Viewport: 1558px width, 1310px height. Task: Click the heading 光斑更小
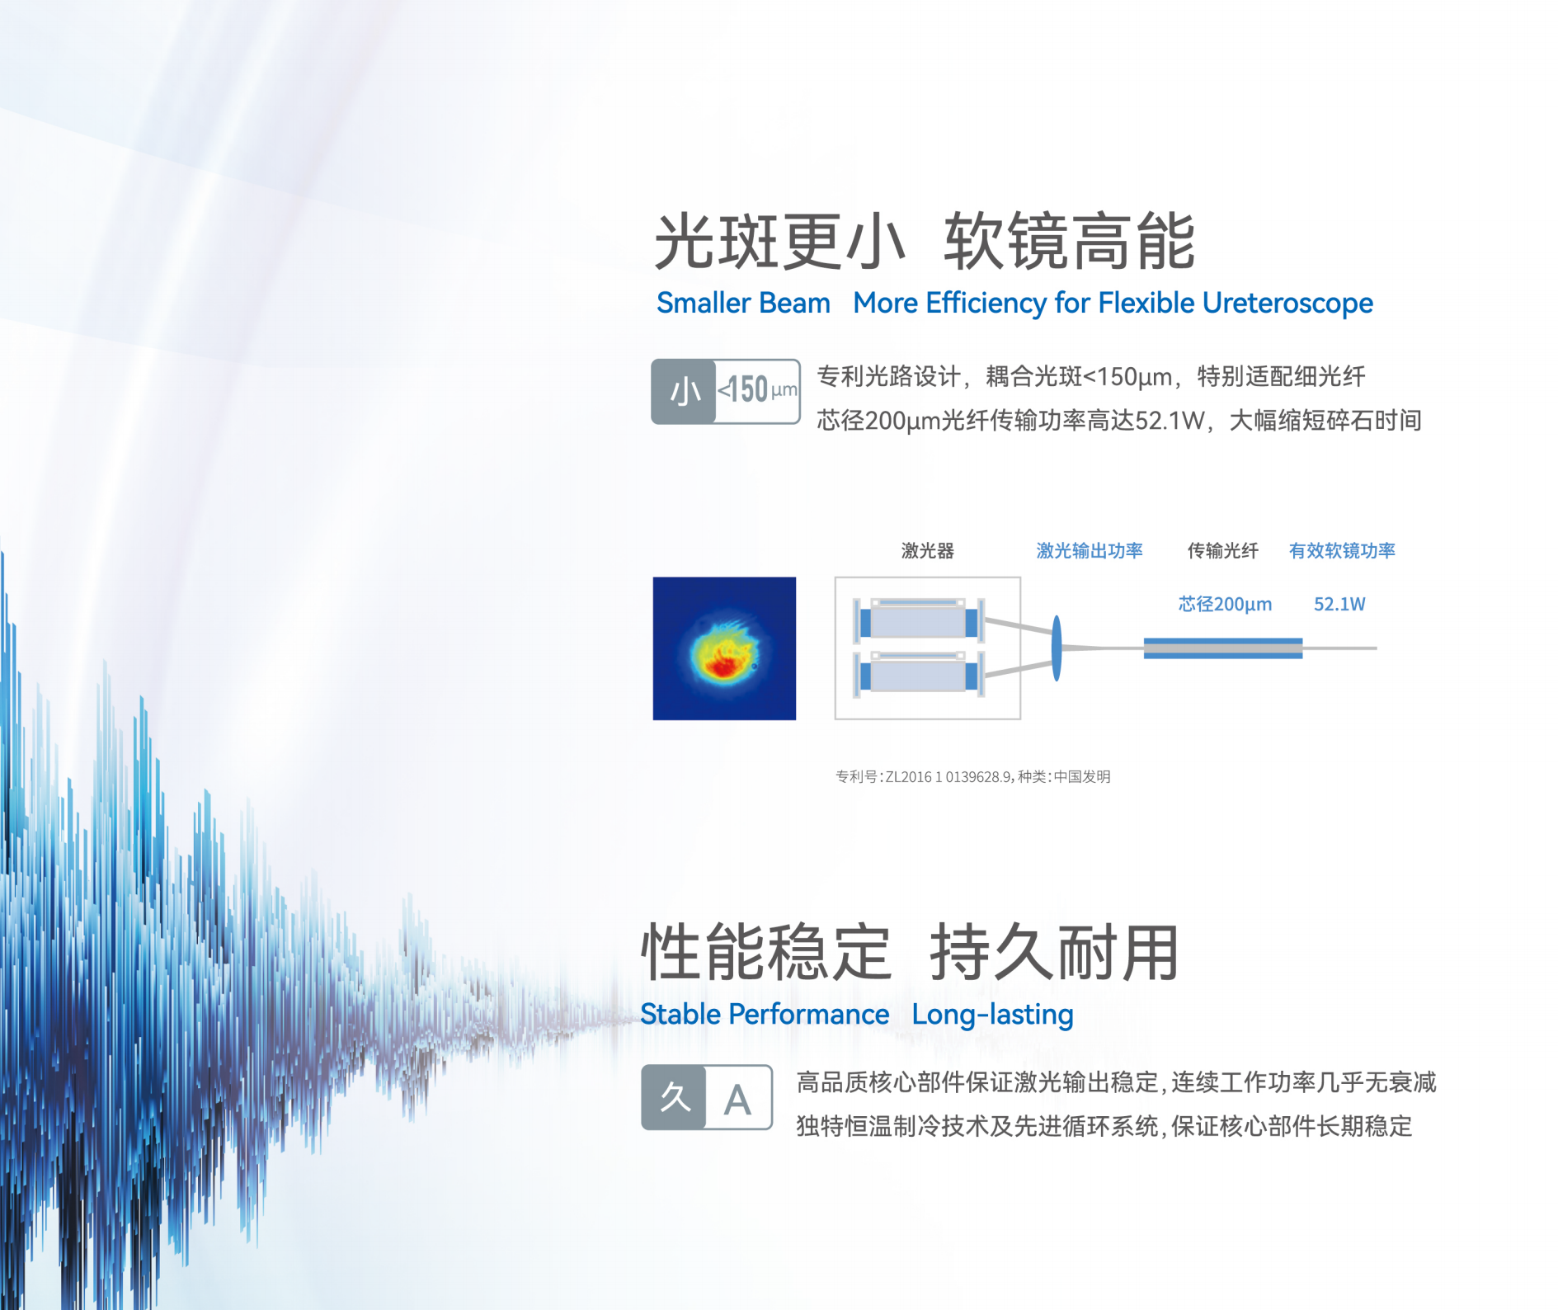[x=779, y=241]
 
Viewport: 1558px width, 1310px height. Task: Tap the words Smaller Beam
[x=743, y=304]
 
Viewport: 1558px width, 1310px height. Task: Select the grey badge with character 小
[x=684, y=392]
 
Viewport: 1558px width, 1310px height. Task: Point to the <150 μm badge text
[x=757, y=389]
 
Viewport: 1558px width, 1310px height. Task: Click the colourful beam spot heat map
[x=724, y=648]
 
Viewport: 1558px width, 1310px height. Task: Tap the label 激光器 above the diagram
[x=927, y=551]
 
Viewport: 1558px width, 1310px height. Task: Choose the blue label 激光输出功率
[x=1089, y=551]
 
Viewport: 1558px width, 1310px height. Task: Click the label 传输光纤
[x=1222, y=551]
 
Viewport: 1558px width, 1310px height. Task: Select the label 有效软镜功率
[x=1342, y=551]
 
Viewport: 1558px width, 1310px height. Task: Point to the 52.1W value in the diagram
[x=1339, y=604]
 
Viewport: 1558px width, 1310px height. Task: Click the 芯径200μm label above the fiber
[x=1225, y=604]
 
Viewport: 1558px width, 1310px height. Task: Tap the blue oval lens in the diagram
[x=1057, y=648]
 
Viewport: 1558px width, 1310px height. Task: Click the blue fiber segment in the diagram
[x=1223, y=648]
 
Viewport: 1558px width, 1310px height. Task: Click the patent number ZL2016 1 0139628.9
[x=948, y=776]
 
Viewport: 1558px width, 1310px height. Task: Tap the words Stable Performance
[x=765, y=1015]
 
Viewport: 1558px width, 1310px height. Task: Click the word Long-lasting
[x=992, y=1015]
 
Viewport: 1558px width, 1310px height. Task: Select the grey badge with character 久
[x=674, y=1097]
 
